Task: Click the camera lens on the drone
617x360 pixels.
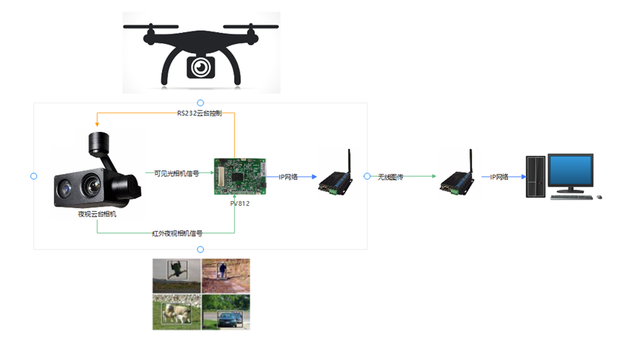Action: [201, 67]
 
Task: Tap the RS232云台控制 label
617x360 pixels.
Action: [200, 113]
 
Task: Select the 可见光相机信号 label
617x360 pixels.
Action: [176, 173]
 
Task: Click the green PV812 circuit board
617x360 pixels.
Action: [240, 176]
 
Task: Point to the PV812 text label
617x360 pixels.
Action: [240, 203]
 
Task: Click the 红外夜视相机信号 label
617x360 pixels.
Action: [178, 233]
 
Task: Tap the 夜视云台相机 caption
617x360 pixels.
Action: [97, 214]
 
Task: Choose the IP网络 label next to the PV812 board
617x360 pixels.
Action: [288, 177]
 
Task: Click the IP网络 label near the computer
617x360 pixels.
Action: [499, 177]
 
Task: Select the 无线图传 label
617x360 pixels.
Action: [390, 177]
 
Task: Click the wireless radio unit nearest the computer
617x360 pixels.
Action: [458, 173]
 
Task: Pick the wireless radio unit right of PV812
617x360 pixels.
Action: [336, 173]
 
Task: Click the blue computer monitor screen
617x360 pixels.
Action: [570, 170]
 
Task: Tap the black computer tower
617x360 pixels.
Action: [536, 176]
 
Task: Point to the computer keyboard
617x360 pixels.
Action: [571, 197]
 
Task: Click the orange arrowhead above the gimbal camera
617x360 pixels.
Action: [97, 124]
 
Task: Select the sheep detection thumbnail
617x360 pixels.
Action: [177, 312]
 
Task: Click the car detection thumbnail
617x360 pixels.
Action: [226, 312]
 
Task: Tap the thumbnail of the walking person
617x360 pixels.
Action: [226, 275]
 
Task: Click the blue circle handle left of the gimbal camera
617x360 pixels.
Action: [34, 176]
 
